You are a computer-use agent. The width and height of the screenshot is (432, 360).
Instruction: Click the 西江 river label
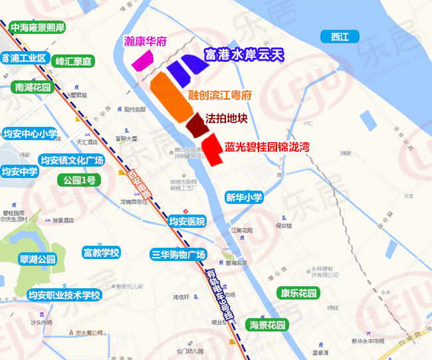(x=339, y=37)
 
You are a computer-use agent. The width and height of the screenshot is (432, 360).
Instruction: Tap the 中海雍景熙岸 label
(x=37, y=28)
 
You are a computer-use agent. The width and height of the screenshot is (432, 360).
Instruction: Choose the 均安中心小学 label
(x=30, y=133)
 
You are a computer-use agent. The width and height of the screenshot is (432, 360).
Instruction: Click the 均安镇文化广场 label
(x=72, y=160)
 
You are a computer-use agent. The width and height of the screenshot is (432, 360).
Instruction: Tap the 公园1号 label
(x=80, y=180)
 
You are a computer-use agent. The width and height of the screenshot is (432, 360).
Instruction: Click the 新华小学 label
(x=244, y=197)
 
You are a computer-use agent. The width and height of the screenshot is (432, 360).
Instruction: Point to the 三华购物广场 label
(x=179, y=254)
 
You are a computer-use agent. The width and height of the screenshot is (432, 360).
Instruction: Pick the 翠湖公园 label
(x=38, y=260)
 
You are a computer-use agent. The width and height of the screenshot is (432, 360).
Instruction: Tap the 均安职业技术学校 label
(x=64, y=295)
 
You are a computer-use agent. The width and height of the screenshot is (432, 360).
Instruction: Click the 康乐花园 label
(x=298, y=293)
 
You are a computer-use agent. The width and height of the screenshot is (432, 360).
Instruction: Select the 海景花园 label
(x=267, y=325)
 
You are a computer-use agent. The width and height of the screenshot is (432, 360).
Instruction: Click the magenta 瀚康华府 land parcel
(x=142, y=60)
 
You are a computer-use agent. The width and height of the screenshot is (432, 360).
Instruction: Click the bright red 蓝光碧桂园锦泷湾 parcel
(x=212, y=149)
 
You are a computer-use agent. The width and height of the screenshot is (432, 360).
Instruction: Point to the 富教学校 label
(x=101, y=252)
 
